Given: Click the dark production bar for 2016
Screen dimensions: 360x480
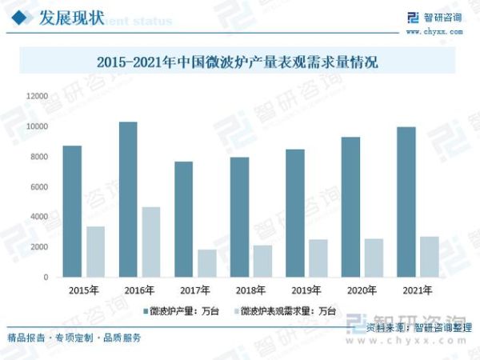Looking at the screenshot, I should pyautogui.click(x=128, y=199).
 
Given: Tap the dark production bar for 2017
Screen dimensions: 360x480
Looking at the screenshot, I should pyautogui.click(x=184, y=219).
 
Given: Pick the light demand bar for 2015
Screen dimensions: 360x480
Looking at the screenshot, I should pyautogui.click(x=96, y=251).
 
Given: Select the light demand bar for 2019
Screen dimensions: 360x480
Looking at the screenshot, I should pyautogui.click(x=318, y=258).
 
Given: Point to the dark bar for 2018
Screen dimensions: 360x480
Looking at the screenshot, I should pyautogui.click(x=239, y=217).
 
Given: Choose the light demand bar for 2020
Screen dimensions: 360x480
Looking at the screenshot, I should pyautogui.click(x=374, y=258).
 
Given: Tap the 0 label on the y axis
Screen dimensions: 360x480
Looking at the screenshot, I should pyautogui.click(x=46, y=277).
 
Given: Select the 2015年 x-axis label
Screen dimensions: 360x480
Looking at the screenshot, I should pyautogui.click(x=83, y=290).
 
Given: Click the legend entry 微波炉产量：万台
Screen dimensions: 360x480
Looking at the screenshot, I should pyautogui.click(x=186, y=310).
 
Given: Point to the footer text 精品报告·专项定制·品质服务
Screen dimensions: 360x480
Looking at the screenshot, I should pyautogui.click(x=74, y=338).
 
